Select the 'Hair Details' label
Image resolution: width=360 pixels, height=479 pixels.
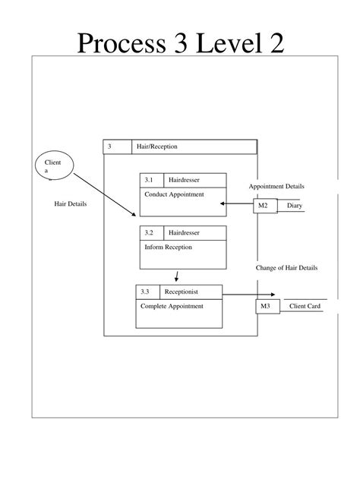71,204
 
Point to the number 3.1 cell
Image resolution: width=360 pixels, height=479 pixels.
148,180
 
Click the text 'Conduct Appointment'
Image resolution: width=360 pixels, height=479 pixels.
174,194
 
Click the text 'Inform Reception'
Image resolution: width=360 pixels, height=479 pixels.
168,247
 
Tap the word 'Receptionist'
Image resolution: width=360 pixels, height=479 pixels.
182,291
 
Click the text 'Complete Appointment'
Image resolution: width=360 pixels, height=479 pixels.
172,306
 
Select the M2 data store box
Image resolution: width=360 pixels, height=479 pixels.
264,206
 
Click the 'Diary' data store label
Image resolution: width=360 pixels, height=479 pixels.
294,206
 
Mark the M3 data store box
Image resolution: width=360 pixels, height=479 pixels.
265,306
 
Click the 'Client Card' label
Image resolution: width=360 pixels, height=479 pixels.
304,306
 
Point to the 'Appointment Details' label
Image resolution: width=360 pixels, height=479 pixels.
276,187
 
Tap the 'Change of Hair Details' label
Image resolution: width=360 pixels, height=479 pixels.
287,268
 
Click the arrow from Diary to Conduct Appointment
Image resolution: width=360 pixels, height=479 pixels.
236,203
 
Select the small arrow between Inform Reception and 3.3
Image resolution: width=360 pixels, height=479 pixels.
176,276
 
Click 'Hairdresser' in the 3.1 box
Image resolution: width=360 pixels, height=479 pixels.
185,180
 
